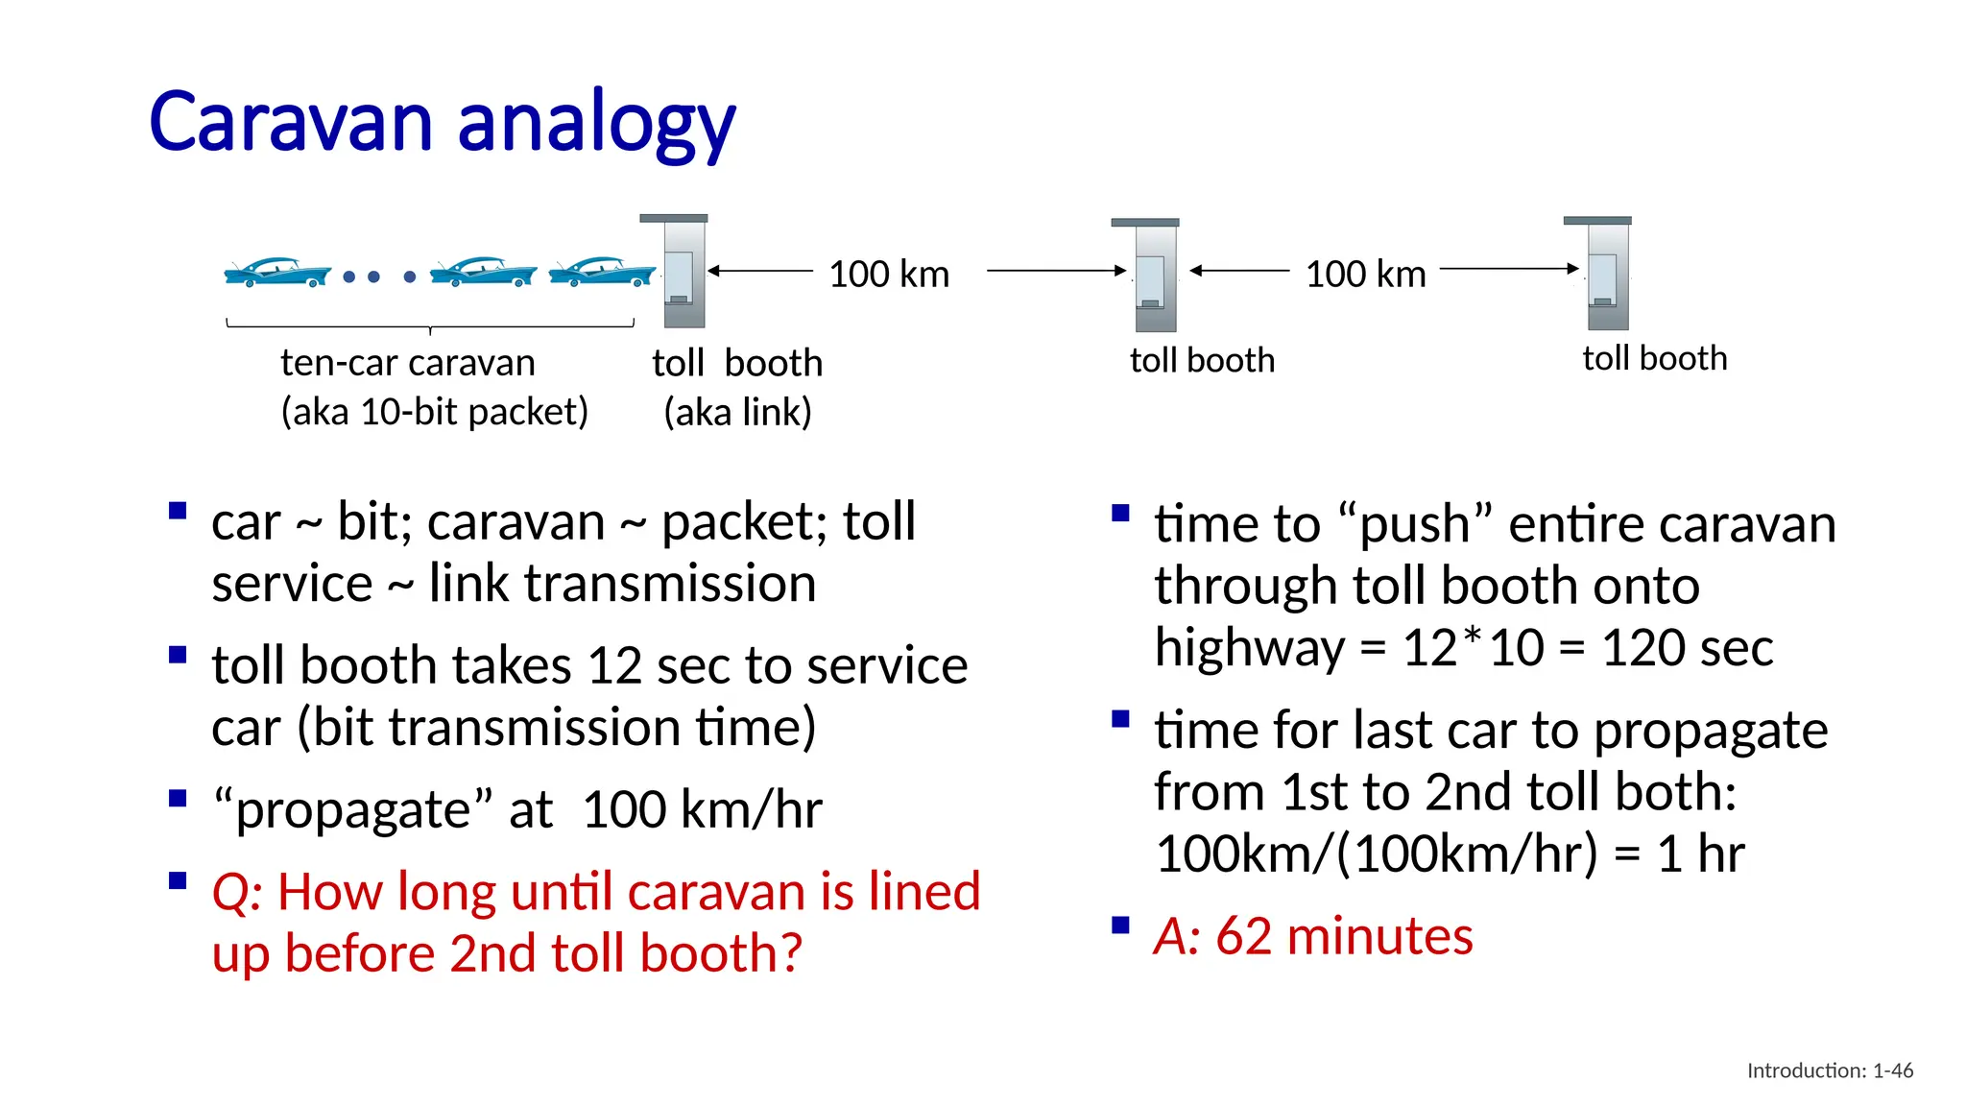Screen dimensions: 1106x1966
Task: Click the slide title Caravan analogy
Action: (442, 122)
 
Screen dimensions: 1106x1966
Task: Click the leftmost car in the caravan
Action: (276, 273)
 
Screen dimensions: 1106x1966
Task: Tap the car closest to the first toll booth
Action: (602, 273)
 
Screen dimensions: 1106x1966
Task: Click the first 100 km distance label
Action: (889, 275)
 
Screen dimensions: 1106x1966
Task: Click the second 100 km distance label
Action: (1365, 275)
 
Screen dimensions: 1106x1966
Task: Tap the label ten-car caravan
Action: (408, 363)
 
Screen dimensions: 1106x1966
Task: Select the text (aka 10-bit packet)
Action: (434, 412)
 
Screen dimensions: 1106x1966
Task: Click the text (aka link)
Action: (737, 413)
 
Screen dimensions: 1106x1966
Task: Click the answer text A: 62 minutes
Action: (1313, 936)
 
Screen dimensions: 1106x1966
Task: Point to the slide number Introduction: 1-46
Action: (1830, 1070)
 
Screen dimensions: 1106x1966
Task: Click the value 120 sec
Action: (1687, 648)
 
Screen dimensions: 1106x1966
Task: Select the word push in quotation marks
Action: (1415, 525)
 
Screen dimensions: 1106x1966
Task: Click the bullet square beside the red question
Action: (178, 881)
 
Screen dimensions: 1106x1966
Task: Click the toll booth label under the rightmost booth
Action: (1654, 359)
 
